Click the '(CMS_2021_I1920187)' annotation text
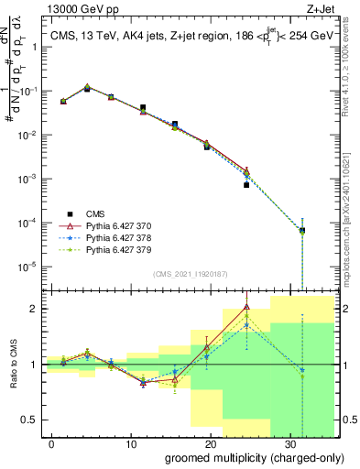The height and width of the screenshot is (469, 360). pos(189,274)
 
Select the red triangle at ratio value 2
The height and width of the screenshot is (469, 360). pos(246,307)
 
